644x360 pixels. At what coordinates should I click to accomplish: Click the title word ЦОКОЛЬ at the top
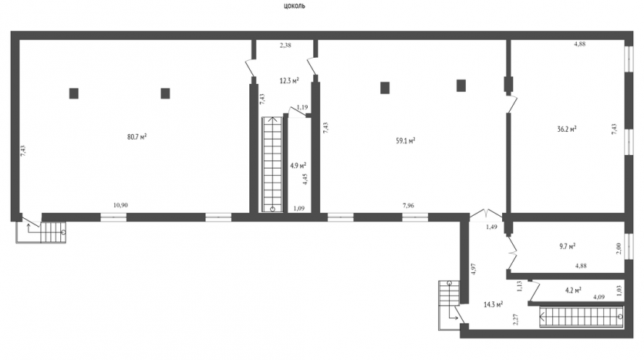(x=294, y=6)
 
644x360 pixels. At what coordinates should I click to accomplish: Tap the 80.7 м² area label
(x=137, y=136)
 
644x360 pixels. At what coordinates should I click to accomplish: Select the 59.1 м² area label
(x=406, y=140)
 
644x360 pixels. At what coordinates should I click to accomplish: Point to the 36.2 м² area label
(x=567, y=129)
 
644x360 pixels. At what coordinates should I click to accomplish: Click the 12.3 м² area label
(x=289, y=80)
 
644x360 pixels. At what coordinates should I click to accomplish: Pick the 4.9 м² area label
(x=298, y=166)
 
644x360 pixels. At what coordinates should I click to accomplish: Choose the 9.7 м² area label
(x=567, y=246)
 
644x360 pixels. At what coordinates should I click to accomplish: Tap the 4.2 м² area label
(x=573, y=290)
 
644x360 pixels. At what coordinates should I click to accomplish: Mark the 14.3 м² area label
(x=494, y=304)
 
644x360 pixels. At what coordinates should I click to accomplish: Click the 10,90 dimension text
(x=120, y=205)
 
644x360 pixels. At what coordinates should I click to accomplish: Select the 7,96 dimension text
(x=408, y=205)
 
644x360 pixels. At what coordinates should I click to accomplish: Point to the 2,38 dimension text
(x=285, y=45)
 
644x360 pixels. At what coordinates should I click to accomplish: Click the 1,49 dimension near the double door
(x=491, y=227)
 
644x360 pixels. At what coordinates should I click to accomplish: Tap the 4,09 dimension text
(x=598, y=296)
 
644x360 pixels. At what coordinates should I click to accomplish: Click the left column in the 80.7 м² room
(x=74, y=93)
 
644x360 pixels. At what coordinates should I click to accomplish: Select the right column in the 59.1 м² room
(x=460, y=86)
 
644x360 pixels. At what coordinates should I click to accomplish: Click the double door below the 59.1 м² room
(x=486, y=214)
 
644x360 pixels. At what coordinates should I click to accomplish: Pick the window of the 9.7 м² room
(x=629, y=246)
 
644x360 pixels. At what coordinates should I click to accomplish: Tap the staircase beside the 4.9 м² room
(x=272, y=165)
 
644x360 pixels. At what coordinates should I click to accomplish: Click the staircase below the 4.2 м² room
(x=582, y=317)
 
